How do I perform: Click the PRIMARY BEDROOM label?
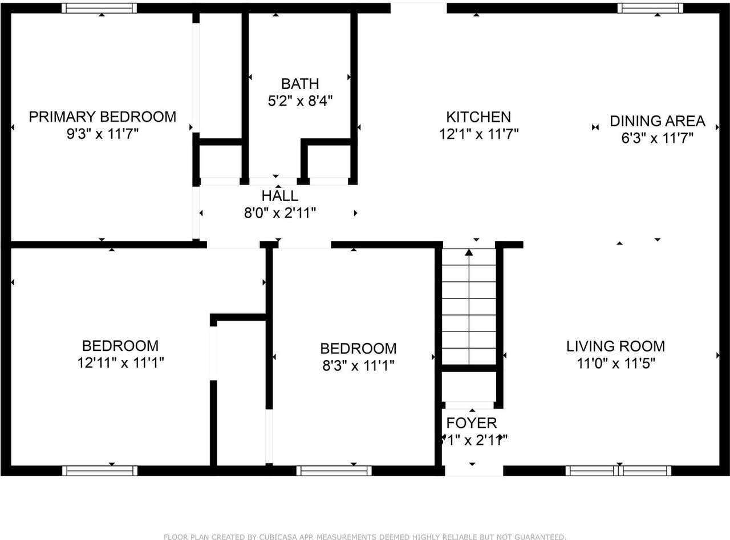tap(103, 117)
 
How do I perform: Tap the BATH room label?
tap(300, 84)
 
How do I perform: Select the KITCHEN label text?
tap(478, 117)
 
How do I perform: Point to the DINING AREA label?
tap(657, 121)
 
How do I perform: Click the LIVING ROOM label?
tap(615, 346)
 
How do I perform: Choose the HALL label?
tap(279, 196)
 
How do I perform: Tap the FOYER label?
tap(472, 423)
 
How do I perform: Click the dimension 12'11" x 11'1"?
tap(120, 363)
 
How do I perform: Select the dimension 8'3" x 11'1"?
tap(358, 365)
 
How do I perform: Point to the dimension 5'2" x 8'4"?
tap(300, 101)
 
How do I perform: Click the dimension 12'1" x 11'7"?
tap(478, 134)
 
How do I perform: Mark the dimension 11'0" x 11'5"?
tap(615, 363)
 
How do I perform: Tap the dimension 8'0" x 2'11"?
tap(279, 213)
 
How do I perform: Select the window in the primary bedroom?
tap(99, 8)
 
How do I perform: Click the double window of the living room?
tap(618, 471)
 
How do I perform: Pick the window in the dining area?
tap(650, 8)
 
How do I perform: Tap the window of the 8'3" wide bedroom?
tap(334, 471)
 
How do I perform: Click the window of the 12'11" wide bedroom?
tap(100, 471)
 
